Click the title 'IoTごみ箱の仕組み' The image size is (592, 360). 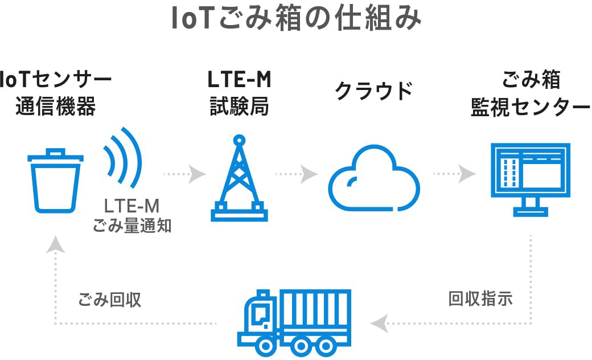[296, 19]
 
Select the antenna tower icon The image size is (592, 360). [239, 178]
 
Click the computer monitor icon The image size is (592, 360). [530, 179]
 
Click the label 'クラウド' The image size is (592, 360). [373, 91]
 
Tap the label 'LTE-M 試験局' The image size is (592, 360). [239, 93]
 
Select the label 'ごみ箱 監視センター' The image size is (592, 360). [530, 93]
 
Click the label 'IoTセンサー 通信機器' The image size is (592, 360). [55, 93]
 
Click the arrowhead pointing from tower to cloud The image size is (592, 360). [309, 173]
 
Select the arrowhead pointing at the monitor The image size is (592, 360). [467, 173]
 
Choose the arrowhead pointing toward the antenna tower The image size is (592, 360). [198, 173]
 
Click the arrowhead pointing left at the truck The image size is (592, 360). [377, 324]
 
